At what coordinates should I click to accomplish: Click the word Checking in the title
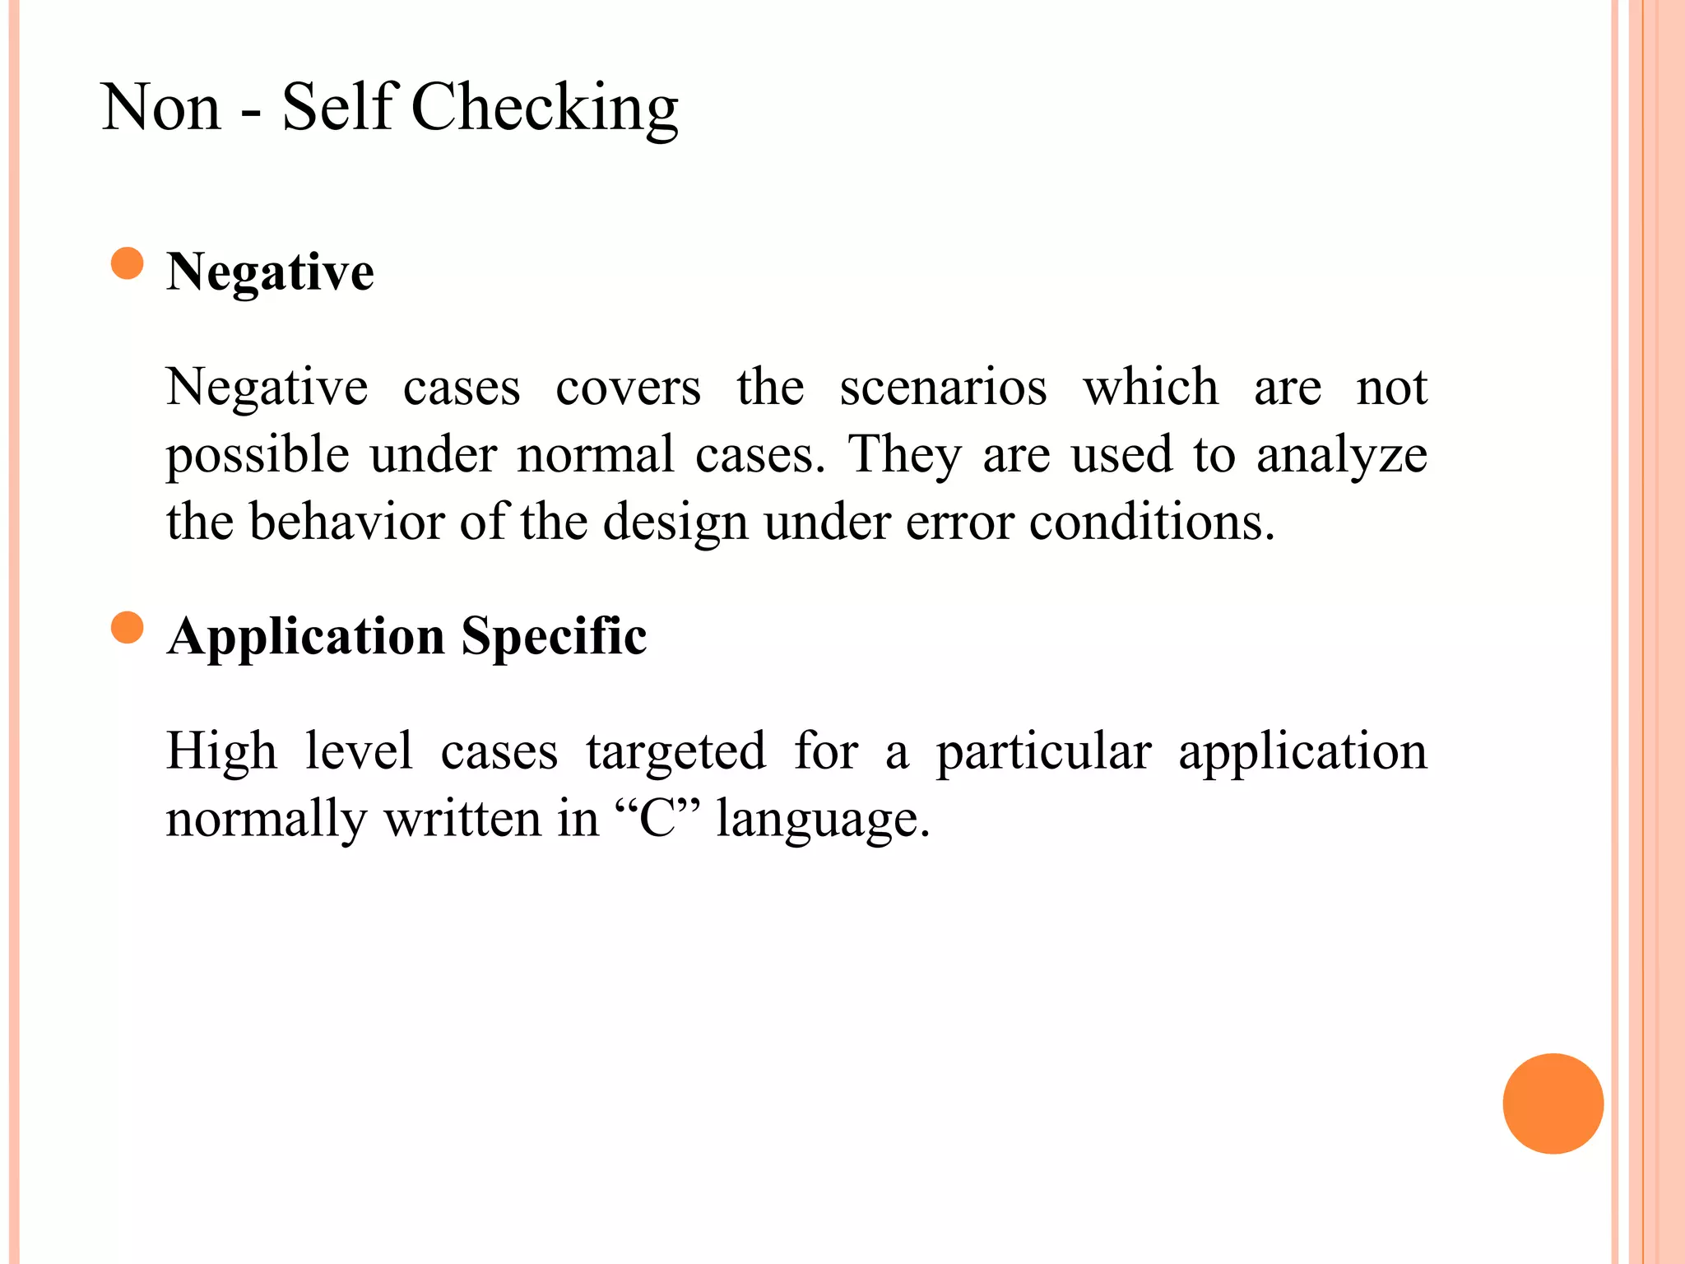point(544,108)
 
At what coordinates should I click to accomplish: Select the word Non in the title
point(161,108)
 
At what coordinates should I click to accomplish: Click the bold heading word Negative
point(270,272)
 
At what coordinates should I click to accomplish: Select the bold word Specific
point(554,636)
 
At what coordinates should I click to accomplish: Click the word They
point(904,455)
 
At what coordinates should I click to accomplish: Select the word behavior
point(346,522)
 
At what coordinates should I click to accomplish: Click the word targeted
point(675,752)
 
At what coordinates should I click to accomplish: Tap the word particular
point(1043,752)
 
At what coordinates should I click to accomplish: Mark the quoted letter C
point(657,819)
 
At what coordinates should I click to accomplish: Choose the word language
point(823,820)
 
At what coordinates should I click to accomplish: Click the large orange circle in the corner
point(1553,1104)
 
